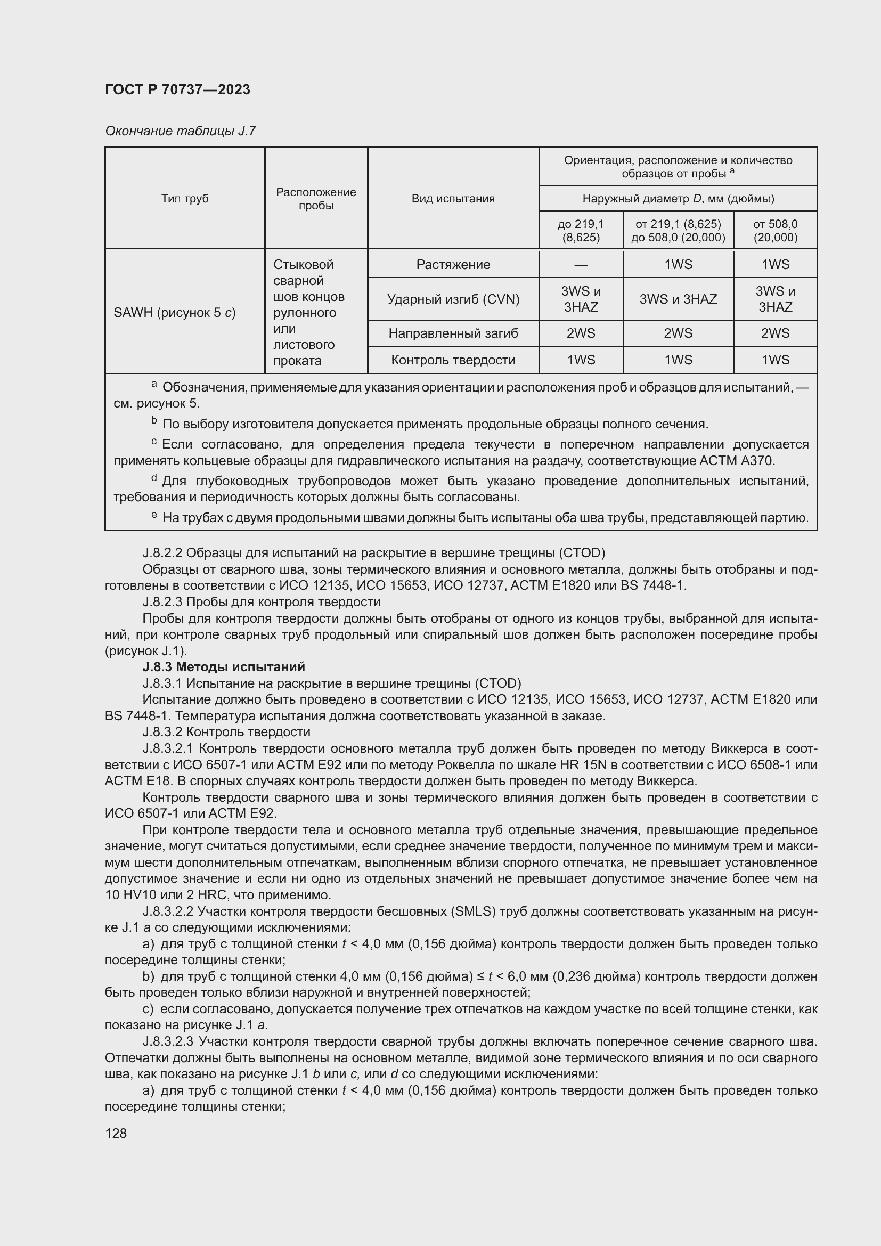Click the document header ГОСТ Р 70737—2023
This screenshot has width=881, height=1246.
pos(177,89)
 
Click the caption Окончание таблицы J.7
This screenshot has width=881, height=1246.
pos(180,131)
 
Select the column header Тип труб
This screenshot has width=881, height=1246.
pos(184,199)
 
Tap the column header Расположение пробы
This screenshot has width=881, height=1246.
pos(316,199)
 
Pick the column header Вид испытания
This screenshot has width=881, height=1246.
pos(453,199)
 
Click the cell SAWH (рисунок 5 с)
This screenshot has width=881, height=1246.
pos(175,313)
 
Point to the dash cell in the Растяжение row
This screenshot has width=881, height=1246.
pos(581,265)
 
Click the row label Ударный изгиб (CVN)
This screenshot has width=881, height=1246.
pos(453,299)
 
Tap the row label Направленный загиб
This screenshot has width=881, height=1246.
pos(453,333)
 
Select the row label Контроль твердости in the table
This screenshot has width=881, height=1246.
pos(453,360)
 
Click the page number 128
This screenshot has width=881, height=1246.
pos(116,1133)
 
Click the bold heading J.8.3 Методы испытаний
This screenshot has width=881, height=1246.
pos(224,666)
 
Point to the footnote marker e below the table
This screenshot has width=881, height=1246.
pos(154,515)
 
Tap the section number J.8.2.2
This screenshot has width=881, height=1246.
pos(162,553)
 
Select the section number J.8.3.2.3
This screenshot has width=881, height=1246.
pos(168,1041)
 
